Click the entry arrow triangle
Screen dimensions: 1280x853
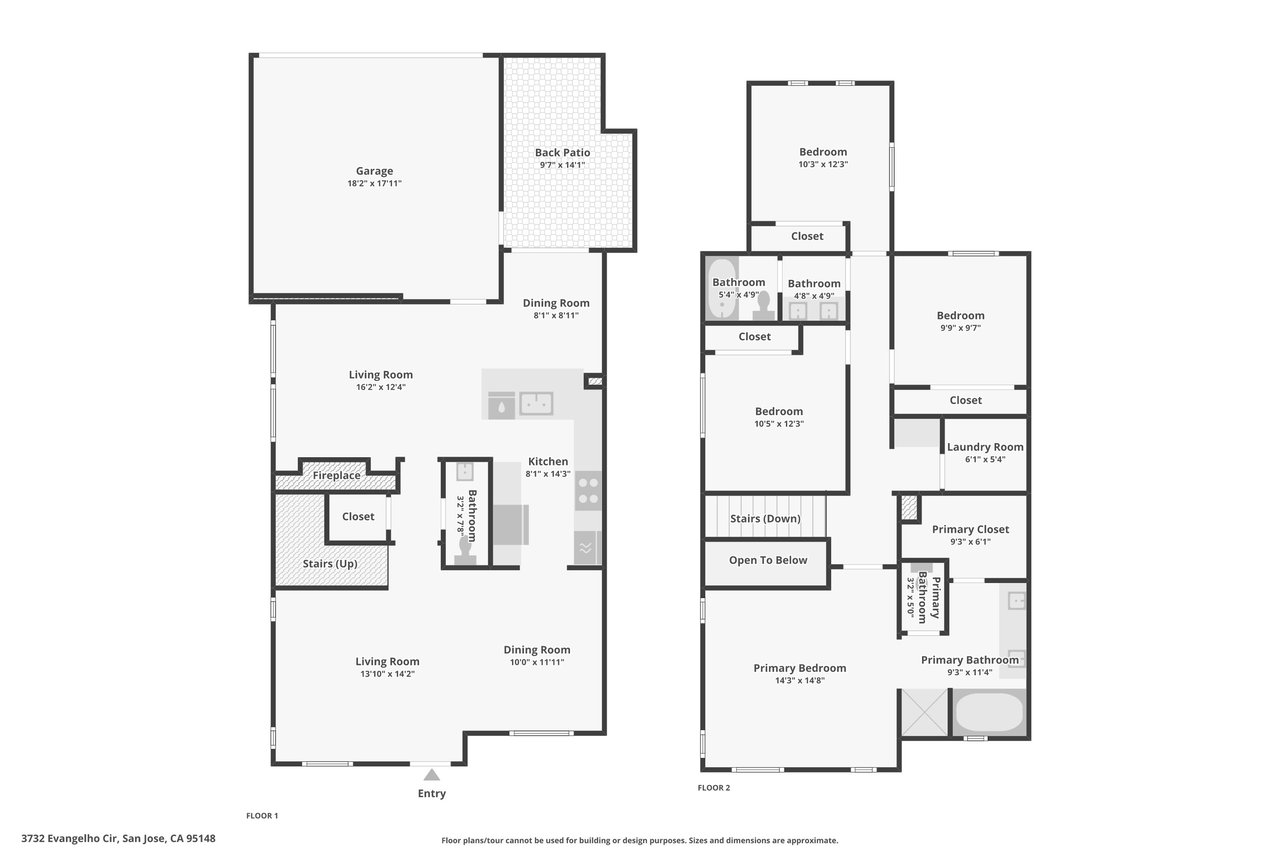click(x=431, y=775)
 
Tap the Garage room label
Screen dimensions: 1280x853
click(x=374, y=171)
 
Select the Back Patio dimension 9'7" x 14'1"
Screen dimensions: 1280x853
click(x=562, y=165)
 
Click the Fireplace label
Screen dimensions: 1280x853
click(x=337, y=475)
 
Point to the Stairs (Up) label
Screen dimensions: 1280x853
click(x=330, y=564)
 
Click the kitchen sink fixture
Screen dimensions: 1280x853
click(x=536, y=403)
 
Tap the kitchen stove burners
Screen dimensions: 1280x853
click(x=588, y=491)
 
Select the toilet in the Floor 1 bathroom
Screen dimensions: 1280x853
click(x=466, y=551)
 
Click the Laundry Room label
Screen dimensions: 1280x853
click(x=985, y=447)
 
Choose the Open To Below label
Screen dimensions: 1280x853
click(x=768, y=560)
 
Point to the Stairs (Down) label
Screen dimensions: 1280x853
click(x=765, y=519)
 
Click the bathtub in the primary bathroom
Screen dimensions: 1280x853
click(x=989, y=712)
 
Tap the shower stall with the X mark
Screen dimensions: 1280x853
click(x=925, y=712)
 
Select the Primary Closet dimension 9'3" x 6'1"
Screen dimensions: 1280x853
click(x=970, y=542)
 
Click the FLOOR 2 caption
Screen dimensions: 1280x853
click(x=714, y=788)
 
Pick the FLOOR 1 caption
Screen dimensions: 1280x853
click(x=262, y=816)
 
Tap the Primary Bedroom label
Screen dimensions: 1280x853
click(x=799, y=668)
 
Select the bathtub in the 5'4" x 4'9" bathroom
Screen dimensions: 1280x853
click(x=722, y=290)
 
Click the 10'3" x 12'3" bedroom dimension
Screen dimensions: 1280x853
click(x=823, y=165)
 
